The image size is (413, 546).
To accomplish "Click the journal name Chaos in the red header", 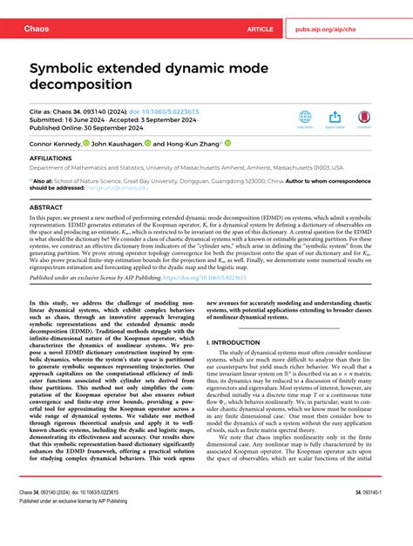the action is tap(32, 29).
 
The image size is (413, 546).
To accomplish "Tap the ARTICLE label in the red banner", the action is tap(260, 29).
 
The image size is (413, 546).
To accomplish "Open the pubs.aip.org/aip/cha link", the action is tap(342, 29).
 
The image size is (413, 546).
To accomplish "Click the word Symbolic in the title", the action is tap(71, 68).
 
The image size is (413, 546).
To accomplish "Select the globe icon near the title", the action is tap(305, 118).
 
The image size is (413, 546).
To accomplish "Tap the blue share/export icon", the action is tap(335, 118).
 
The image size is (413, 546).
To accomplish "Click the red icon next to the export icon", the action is tap(363, 118).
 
